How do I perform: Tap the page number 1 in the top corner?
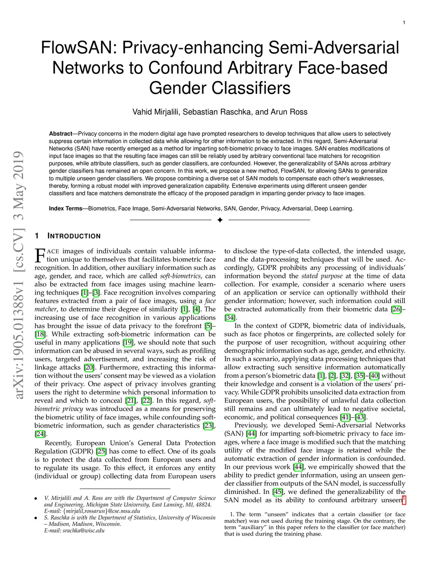coord(404,22)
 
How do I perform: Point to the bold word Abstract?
coord(61,134)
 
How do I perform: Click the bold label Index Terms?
coord(65,209)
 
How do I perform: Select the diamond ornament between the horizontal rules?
coord(220,220)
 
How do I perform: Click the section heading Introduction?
coord(74,236)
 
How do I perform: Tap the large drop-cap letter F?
coord(40,255)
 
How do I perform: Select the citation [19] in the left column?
coord(128,342)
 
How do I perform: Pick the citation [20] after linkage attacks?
coord(89,367)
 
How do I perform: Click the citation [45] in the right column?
coord(278,492)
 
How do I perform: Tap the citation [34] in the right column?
coord(230,317)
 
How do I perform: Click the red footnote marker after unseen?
coord(404,499)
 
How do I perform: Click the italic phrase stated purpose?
coord(322,276)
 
